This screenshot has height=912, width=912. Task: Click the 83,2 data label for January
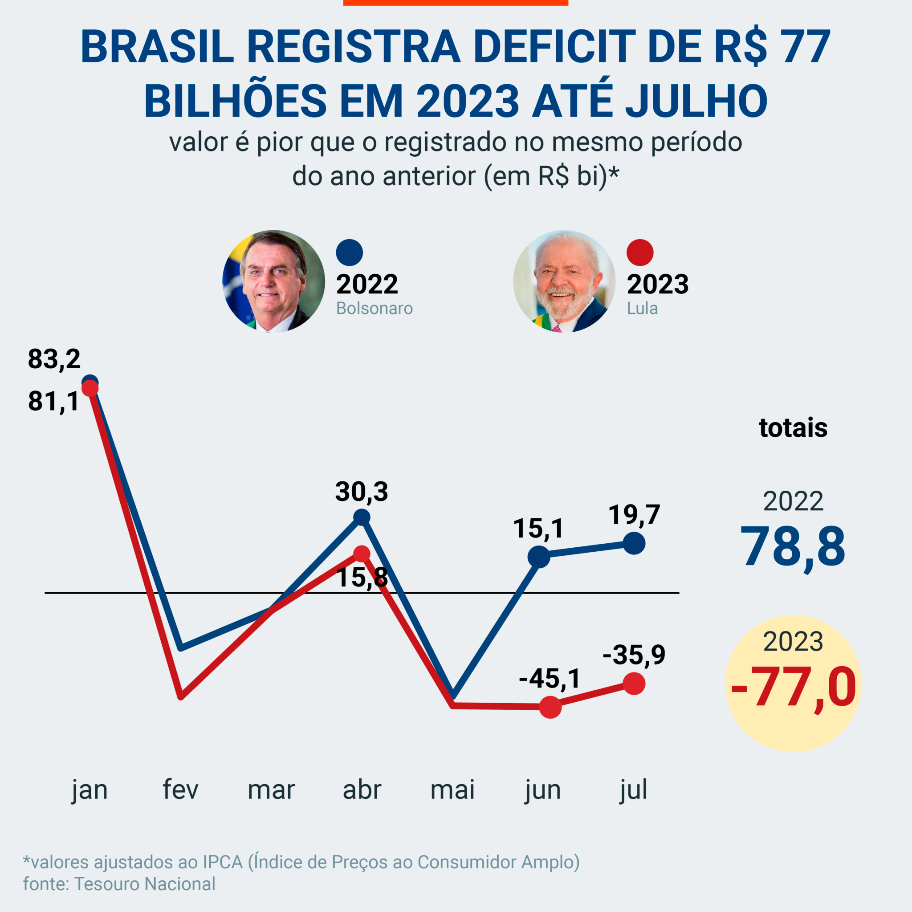54,359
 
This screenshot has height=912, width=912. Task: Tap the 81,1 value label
53,402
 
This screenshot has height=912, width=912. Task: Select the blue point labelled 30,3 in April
362,517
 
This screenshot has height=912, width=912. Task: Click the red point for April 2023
362,554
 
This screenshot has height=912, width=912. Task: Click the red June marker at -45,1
550,707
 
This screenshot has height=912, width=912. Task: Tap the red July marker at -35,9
634,684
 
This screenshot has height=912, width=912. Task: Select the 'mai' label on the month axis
452,789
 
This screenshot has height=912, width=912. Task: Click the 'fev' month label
180,789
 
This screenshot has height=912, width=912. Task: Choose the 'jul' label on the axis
633,789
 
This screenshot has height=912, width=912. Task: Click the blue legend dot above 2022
349,252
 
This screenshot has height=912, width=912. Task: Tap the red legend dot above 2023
639,252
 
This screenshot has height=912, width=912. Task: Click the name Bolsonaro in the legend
375,308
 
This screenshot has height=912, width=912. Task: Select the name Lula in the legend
642,308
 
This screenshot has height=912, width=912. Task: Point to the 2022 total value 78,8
793,548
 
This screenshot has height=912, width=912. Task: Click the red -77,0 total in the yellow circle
793,687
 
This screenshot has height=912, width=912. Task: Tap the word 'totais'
793,427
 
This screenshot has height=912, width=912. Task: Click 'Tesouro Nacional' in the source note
145,883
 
